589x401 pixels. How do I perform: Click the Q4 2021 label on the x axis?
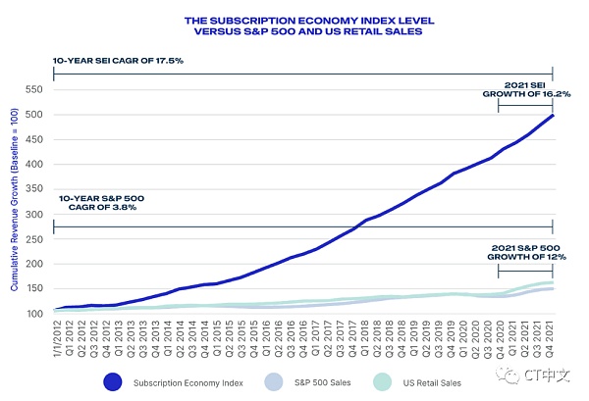click(x=554, y=339)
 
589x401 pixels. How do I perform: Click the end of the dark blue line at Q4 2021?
click(x=553, y=115)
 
